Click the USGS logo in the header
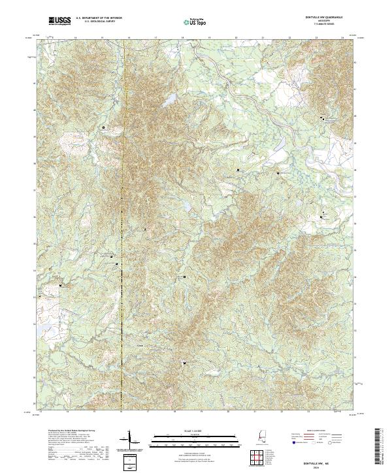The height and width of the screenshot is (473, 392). [x=59, y=22]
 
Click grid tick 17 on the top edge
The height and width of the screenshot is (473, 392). [x=155, y=38]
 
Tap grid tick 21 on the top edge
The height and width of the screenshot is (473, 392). [x=263, y=38]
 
